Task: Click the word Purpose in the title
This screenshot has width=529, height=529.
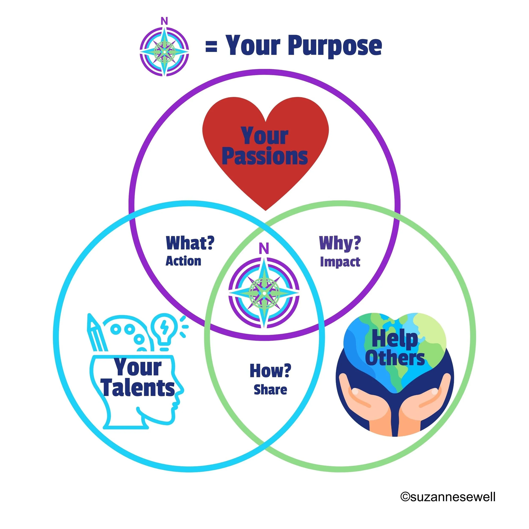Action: coord(335,46)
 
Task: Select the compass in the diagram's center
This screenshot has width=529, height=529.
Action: coord(264,293)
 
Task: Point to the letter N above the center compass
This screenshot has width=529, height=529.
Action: coord(264,248)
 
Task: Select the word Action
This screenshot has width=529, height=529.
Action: coord(183,261)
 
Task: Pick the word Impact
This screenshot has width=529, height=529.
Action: coord(340,262)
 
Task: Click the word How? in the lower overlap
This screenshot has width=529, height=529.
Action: coord(270,371)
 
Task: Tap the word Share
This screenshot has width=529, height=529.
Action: coord(270,390)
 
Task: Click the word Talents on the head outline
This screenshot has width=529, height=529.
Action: coord(139,388)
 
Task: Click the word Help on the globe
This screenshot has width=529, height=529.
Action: coord(395,339)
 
